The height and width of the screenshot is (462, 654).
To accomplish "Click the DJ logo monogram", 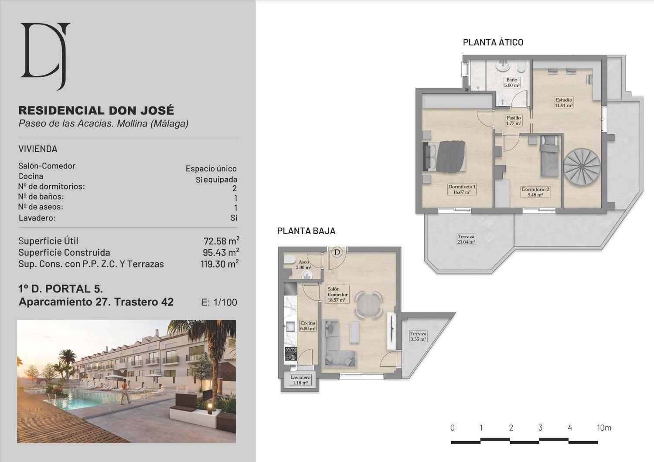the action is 45,55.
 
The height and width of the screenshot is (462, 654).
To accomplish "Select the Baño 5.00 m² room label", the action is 512,83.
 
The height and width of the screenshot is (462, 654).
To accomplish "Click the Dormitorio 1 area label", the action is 462,190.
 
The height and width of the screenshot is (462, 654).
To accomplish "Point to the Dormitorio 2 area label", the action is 535,192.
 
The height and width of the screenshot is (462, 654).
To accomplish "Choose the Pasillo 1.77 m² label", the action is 514,121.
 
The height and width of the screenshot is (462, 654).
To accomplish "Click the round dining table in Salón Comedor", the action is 369,305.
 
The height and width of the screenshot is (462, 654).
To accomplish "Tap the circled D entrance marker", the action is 337,252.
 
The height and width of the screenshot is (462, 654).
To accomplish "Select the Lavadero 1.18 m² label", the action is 300,380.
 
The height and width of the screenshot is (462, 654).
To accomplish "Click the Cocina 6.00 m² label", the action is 308,326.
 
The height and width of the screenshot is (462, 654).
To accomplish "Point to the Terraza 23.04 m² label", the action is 466,239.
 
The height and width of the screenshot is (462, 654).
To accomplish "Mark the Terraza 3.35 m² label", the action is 418,336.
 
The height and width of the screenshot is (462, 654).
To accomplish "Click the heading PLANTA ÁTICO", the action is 493,43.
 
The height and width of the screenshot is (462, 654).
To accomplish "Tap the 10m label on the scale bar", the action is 604,428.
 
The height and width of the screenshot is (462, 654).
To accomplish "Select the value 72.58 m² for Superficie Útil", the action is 221,241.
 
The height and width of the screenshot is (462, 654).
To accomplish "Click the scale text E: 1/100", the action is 219,302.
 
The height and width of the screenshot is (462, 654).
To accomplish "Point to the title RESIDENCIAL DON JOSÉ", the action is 96,111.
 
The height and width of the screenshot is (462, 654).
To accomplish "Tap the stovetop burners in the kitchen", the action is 291,354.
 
